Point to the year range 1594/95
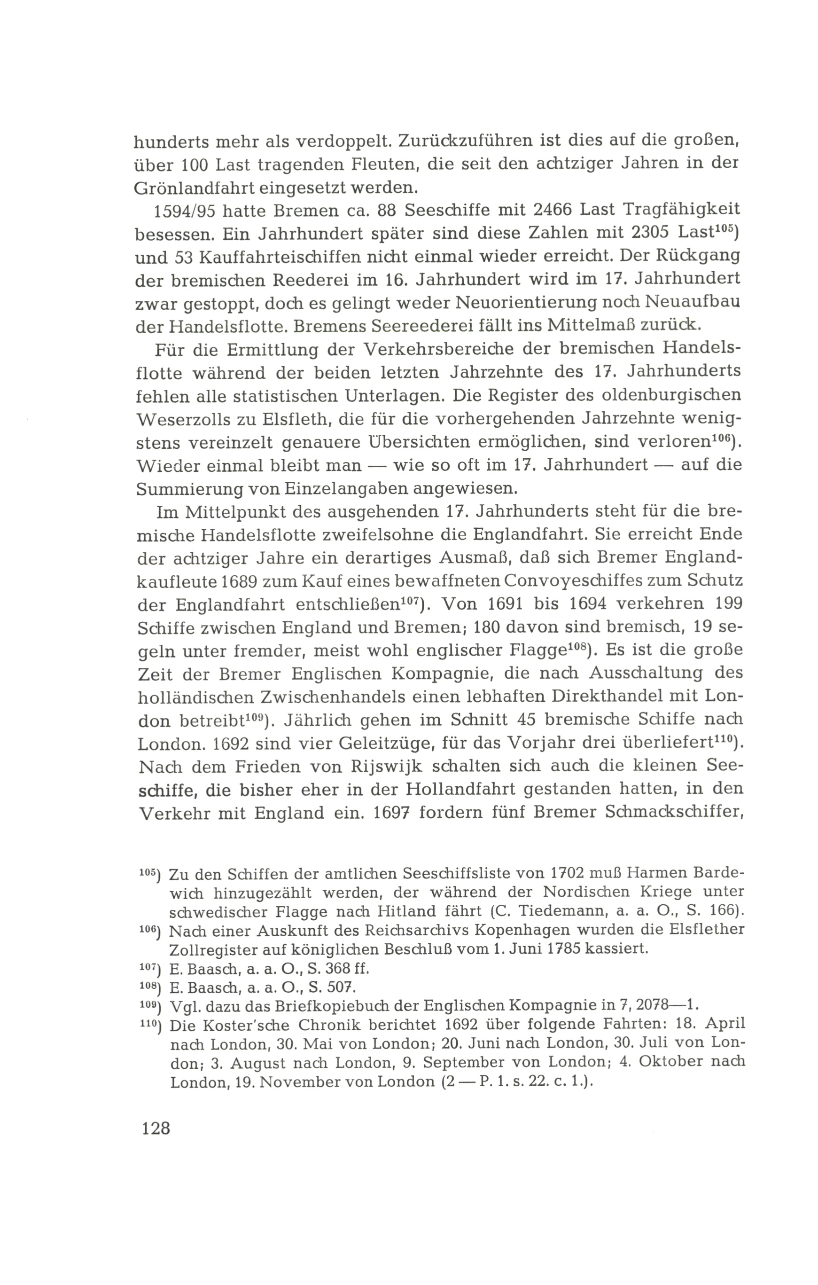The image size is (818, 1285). (x=184, y=212)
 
